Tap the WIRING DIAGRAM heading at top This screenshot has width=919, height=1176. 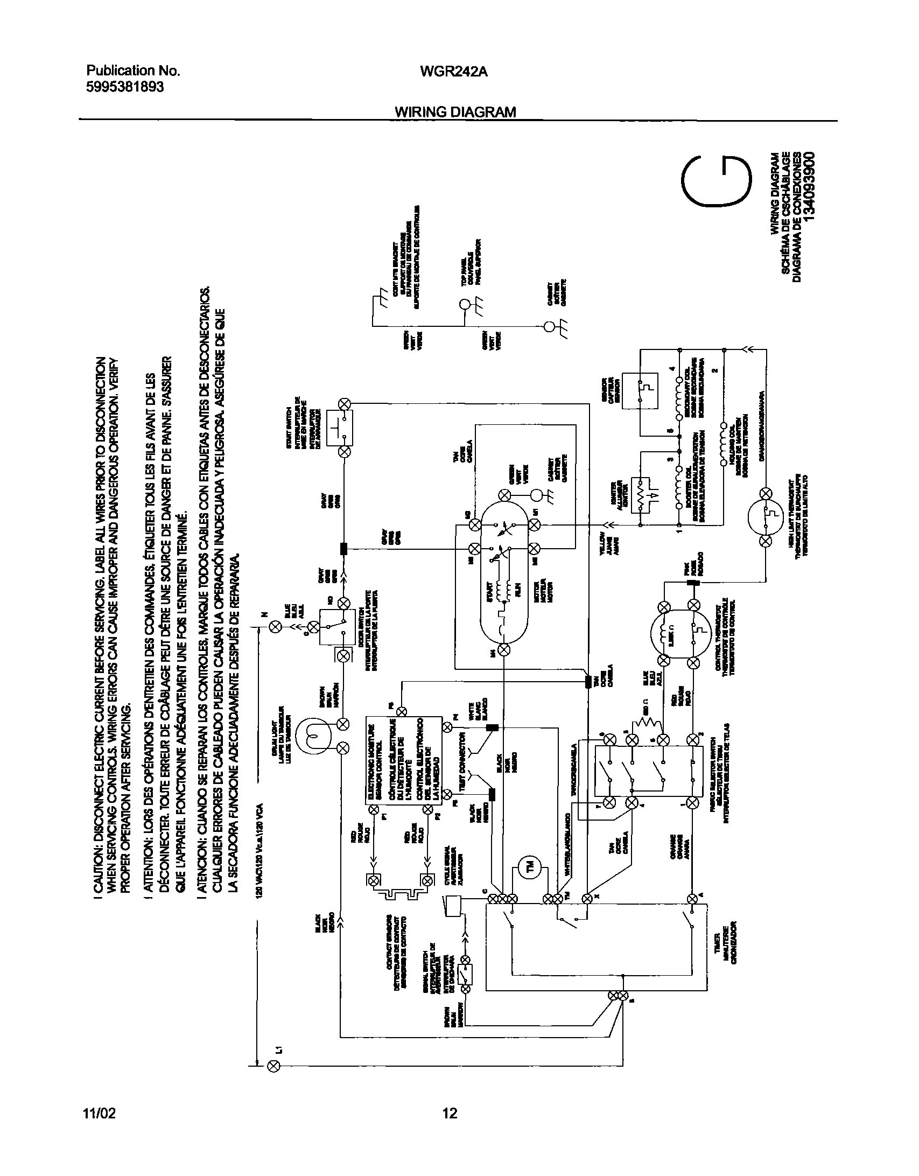455,111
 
